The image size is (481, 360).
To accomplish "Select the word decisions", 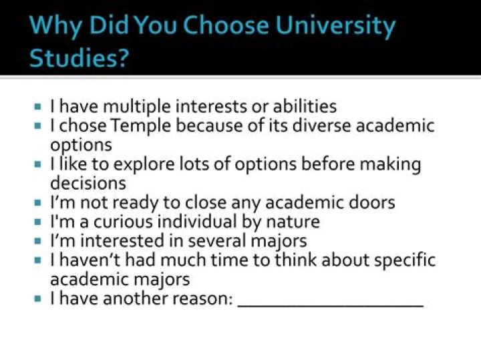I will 88,182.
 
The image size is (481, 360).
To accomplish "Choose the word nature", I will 293,221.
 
